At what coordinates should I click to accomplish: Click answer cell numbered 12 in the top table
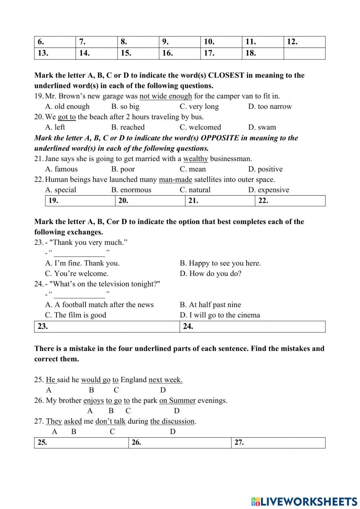tap(304, 42)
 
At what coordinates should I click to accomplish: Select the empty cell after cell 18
tap(304, 53)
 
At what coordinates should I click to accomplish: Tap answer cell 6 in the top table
tap(55, 42)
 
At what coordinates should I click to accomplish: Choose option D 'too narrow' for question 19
tap(270, 107)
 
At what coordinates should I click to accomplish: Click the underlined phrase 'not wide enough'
tap(166, 96)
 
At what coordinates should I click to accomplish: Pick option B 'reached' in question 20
tap(128, 128)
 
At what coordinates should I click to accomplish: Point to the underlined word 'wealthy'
tap(195, 159)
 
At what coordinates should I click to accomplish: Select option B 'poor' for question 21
tap(123, 169)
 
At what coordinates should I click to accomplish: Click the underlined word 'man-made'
tap(175, 180)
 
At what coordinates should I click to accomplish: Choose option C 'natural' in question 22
tap(195, 190)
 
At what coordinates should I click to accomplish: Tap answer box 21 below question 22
tap(220, 201)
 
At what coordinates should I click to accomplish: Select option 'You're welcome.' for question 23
tap(77, 274)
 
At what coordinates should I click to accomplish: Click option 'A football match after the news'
tap(99, 305)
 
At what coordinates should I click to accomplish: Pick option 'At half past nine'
tap(210, 305)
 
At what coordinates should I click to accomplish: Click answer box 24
tap(252, 327)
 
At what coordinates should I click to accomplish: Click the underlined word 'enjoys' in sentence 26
tap(94, 401)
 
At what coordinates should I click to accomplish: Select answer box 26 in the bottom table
tap(180, 443)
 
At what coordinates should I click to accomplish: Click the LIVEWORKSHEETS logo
tap(304, 501)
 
